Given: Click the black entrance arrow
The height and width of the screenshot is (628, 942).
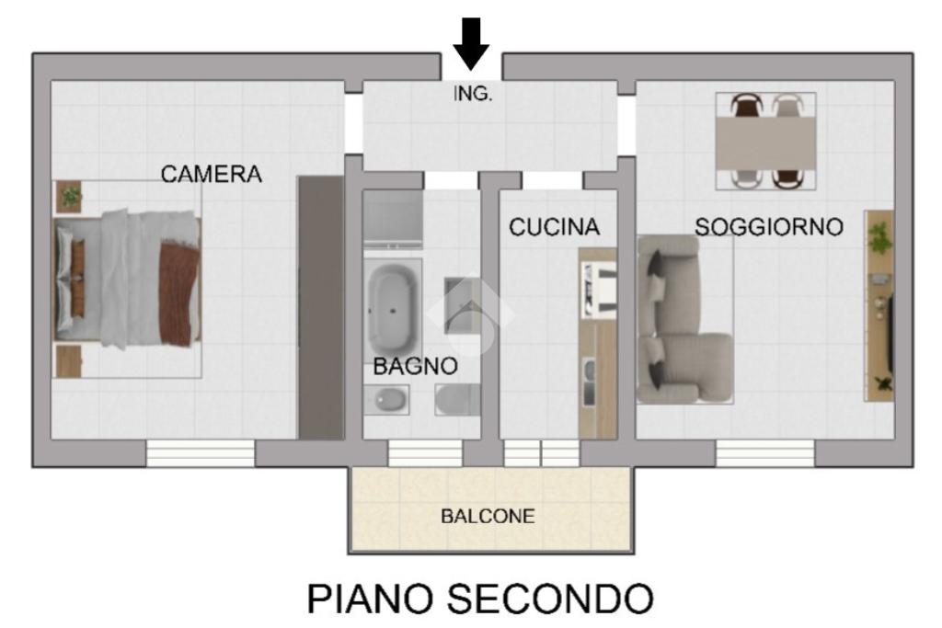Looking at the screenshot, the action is [x=471, y=43].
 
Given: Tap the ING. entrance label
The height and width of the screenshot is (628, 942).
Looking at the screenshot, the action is [x=472, y=94].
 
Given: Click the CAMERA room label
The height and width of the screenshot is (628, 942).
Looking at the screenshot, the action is [x=211, y=174].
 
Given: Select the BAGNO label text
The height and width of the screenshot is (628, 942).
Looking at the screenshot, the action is [x=415, y=366].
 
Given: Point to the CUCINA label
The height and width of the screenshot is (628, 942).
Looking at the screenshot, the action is [x=554, y=227].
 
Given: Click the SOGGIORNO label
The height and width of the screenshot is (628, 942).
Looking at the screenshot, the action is [x=768, y=227].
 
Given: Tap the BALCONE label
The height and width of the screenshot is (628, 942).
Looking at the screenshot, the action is [x=488, y=516].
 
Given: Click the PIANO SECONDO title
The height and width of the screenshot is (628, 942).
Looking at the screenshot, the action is [x=479, y=599].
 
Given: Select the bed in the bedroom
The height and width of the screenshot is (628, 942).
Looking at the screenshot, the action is [x=128, y=279].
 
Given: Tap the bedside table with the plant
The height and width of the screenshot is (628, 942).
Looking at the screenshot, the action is [x=68, y=197].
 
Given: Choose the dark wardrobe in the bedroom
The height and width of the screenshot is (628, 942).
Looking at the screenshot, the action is [x=321, y=307].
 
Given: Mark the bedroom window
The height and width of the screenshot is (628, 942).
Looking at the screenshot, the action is [x=201, y=453].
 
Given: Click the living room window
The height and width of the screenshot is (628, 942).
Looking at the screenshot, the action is [x=764, y=453].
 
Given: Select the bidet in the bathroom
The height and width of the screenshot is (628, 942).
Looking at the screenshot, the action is [x=386, y=399].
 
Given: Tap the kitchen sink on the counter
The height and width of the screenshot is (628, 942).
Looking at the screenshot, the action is [x=590, y=382].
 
